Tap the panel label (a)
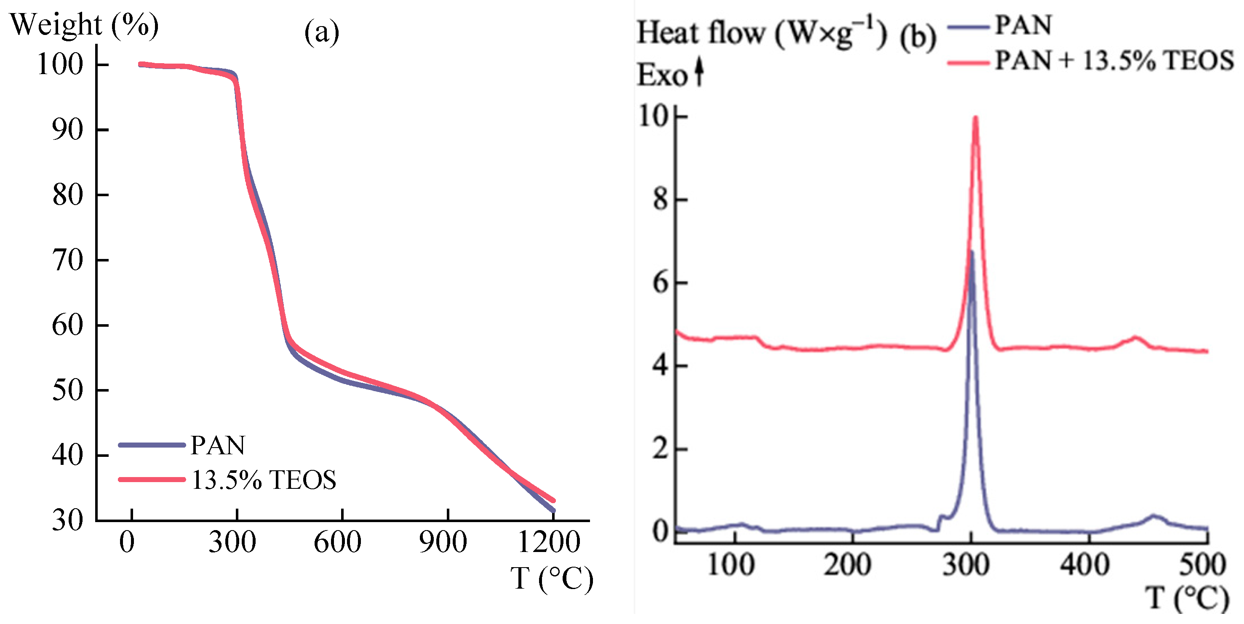pos(322,33)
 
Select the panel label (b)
pos(918,37)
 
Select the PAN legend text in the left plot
pos(218,445)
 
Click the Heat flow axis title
pos(762,33)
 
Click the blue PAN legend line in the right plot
pos(969,27)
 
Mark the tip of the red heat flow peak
pos(975,117)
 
